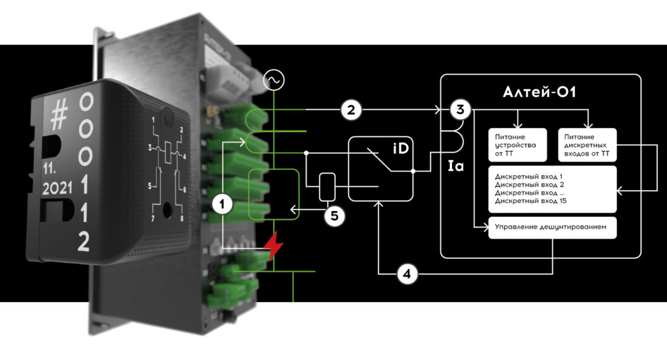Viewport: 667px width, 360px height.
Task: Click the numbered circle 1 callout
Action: pos(222,204)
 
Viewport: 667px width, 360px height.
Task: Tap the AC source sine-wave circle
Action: pos(274,80)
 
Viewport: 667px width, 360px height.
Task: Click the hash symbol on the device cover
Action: pos(59,117)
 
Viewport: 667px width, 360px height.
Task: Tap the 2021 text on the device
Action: pos(57,189)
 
